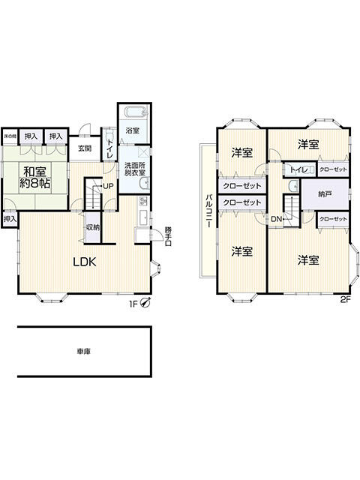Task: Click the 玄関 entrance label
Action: [x=85, y=148]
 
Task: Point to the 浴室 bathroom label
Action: [x=132, y=130]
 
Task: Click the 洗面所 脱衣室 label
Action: [x=135, y=169]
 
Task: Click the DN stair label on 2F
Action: [x=276, y=219]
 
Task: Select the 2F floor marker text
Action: [x=345, y=299]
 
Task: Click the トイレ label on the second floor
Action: [x=298, y=170]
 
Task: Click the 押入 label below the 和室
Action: [x=8, y=219]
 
